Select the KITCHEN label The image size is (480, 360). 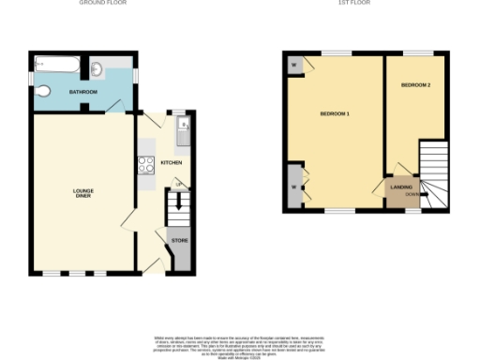pyautogui.click(x=171, y=162)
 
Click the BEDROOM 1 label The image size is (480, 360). pyautogui.click(x=335, y=113)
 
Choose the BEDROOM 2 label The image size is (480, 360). pyautogui.click(x=415, y=85)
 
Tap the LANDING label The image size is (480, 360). pyautogui.click(x=401, y=187)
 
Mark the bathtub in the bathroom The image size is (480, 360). pyautogui.click(x=59, y=65)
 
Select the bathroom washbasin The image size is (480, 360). pyautogui.click(x=97, y=67)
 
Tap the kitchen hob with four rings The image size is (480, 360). pyautogui.click(x=147, y=164)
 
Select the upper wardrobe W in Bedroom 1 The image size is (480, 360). pyautogui.click(x=295, y=65)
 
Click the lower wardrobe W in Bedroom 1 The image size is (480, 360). pyautogui.click(x=295, y=186)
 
